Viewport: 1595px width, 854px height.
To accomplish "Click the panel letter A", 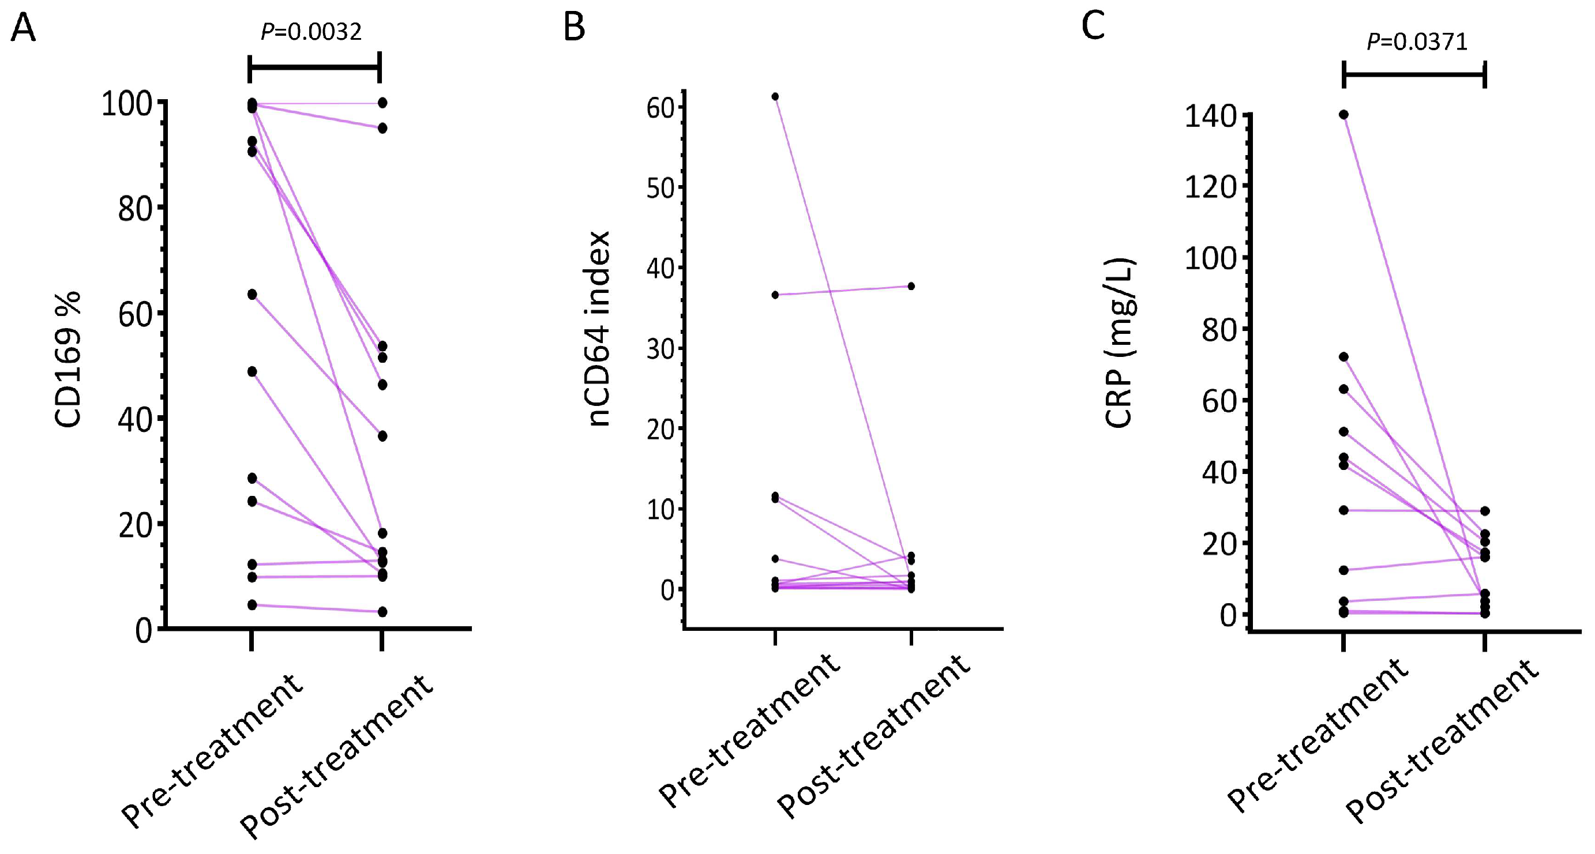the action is (24, 28).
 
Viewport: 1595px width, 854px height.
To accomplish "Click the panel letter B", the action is (574, 28).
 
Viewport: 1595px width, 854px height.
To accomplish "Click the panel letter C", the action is (1093, 26).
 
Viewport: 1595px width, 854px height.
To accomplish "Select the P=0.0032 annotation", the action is (311, 32).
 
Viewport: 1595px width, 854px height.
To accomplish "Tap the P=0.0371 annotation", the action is (1417, 42).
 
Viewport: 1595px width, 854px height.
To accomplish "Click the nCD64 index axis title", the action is (598, 329).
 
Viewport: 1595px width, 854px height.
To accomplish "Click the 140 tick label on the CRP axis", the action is (1210, 116).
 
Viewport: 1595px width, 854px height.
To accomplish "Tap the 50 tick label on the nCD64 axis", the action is (660, 187).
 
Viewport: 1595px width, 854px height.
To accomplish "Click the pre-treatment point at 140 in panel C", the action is (1343, 115).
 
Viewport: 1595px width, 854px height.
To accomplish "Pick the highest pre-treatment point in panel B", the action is (775, 96).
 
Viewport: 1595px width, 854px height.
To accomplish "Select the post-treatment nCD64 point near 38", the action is (911, 286).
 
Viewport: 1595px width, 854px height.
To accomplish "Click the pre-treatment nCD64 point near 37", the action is (775, 295).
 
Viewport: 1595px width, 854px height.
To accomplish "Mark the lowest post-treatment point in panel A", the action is (382, 611).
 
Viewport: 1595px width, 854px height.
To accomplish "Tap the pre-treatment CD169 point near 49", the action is (252, 371).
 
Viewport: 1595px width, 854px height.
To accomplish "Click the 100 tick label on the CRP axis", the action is (1210, 259).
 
